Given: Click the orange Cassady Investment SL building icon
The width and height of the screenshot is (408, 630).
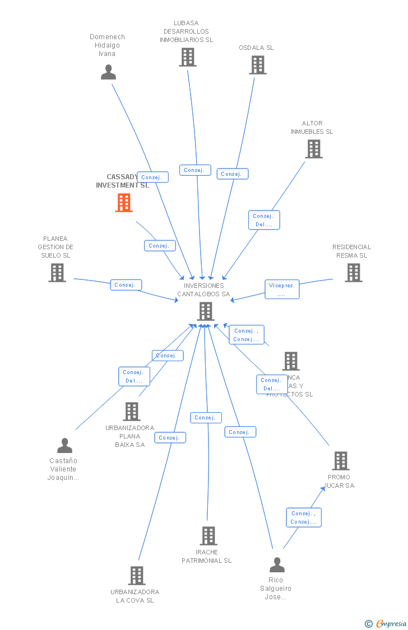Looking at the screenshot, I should coord(124,203).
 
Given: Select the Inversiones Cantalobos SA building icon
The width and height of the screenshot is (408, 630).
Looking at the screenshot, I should coord(206,311).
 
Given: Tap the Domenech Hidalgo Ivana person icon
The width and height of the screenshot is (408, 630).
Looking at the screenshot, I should coord(108,72).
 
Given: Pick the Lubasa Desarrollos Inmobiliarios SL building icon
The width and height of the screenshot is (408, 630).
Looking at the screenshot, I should coord(188,57).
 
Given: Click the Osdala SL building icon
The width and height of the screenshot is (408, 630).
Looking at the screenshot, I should coord(258,65).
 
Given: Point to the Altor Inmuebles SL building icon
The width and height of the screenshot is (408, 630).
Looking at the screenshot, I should coord(314,149).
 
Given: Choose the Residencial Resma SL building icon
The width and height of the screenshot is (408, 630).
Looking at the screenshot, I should coord(354,273).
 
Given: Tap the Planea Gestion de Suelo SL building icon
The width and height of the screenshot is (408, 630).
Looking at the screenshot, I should coord(57,273).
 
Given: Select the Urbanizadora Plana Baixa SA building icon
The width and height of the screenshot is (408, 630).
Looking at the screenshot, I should coord(132,412).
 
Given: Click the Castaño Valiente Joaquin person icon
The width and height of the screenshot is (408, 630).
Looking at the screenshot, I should coord(65,446).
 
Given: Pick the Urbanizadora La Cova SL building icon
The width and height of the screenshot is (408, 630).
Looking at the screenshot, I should coord(137,576).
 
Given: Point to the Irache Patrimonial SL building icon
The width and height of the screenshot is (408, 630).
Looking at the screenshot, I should coord(208,536).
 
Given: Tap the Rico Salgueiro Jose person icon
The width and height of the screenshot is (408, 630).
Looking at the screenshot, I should coord(277,565).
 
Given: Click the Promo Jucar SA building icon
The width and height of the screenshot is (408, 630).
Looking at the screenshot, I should coord(341,461).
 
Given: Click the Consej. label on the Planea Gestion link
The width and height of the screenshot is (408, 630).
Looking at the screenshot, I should coord(126,285).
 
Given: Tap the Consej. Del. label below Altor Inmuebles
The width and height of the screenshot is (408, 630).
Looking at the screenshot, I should coord(264,220).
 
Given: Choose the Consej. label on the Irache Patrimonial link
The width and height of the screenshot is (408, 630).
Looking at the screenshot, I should coord(206,418).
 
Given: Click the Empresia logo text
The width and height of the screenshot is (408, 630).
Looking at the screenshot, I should coord(391,623).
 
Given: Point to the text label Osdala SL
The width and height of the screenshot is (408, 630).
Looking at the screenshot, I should coord(256,48).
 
